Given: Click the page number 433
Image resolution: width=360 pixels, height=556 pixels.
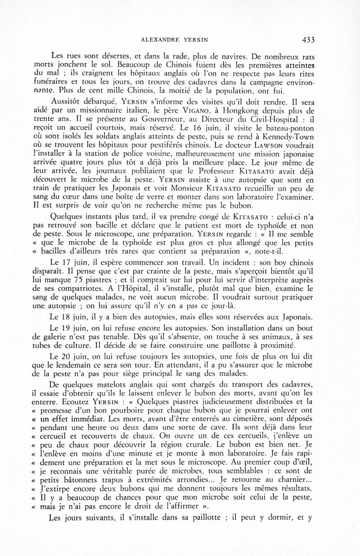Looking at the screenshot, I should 307,39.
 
